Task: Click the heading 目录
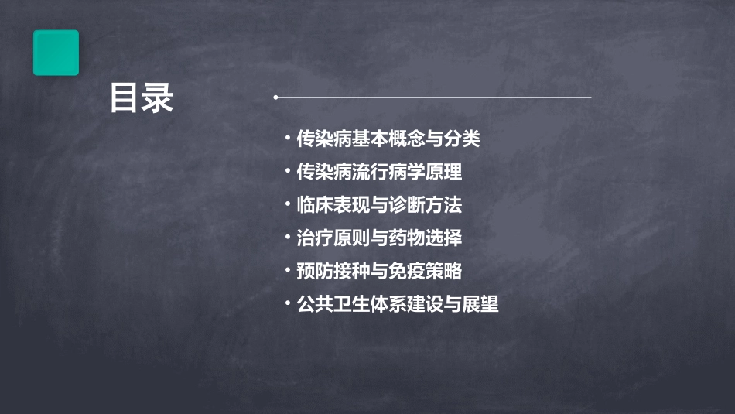(142, 99)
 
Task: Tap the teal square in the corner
(56, 53)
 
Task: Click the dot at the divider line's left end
(275, 98)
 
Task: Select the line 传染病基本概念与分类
(388, 139)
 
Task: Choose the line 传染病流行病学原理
(379, 172)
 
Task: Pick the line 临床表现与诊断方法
(379, 205)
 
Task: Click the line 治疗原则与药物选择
(379, 238)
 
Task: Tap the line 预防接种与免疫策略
(379, 271)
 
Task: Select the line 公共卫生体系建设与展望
(398, 304)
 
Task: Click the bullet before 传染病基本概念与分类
(287, 139)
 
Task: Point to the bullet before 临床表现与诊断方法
(287, 205)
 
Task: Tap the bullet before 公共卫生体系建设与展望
(287, 304)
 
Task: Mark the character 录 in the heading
(158, 99)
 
